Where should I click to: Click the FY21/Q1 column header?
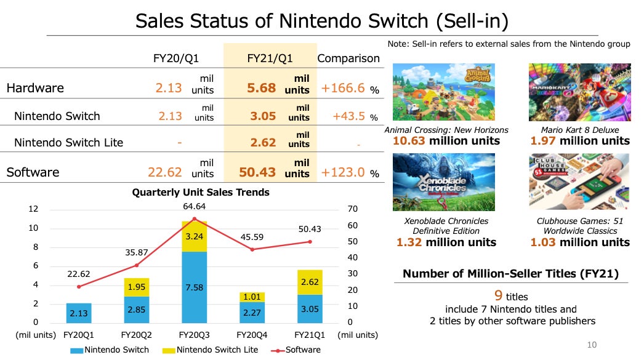270,58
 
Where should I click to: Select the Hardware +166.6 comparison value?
344,88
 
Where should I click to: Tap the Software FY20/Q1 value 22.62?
164,172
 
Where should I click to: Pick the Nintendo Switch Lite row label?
68,142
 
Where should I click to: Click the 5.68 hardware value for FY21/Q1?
261,88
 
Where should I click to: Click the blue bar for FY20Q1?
78,313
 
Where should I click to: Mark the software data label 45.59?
252,236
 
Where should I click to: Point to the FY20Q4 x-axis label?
252,335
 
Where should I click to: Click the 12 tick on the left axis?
34,209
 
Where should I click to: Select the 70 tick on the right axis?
352,209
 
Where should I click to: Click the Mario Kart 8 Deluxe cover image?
579,93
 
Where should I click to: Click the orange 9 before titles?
499,295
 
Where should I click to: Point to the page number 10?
592,345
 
